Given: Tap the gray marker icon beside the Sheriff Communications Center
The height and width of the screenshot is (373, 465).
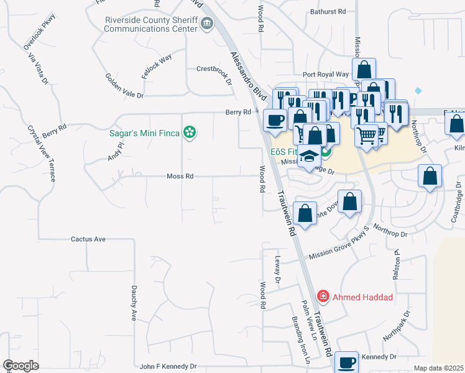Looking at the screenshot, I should point(207,24).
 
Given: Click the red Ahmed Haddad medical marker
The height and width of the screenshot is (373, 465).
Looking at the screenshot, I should point(323,297).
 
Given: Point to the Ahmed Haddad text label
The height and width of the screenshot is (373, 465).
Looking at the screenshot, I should point(362,297).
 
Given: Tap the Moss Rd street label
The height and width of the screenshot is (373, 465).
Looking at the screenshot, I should point(180,177).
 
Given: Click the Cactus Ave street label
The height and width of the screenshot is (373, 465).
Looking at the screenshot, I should point(88,239).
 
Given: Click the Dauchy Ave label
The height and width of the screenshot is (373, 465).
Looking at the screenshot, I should point(134,303).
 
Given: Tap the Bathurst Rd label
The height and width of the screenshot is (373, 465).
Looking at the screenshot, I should point(328,12).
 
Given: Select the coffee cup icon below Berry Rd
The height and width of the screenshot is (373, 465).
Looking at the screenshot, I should point(274,119).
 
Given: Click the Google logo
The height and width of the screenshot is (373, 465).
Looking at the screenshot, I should point(21,366).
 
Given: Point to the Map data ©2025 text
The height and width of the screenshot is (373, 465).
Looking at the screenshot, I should point(438,368).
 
